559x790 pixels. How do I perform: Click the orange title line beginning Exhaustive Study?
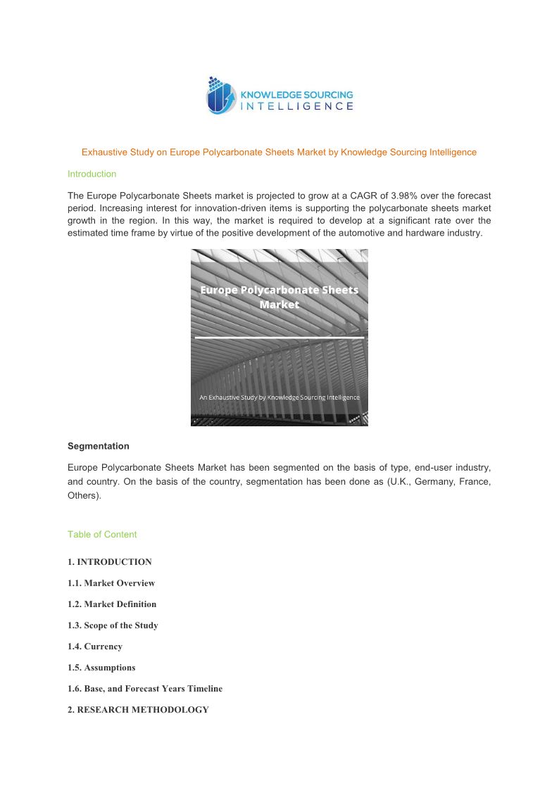click(279, 152)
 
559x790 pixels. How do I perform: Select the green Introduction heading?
click(92, 174)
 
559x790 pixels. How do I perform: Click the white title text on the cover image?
click(279, 297)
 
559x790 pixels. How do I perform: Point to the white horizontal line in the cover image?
click(279, 338)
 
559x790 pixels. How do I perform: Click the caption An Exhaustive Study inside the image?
click(279, 397)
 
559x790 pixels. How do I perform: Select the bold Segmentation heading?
click(98, 446)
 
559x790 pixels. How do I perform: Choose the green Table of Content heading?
click(102, 534)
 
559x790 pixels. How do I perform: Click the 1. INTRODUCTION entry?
click(109, 562)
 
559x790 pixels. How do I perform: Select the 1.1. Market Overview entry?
click(111, 583)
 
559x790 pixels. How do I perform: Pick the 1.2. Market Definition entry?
click(112, 604)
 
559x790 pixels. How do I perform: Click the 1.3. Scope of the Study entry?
click(113, 625)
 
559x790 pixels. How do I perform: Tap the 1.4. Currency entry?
click(94, 646)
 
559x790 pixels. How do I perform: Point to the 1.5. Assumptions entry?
click(101, 668)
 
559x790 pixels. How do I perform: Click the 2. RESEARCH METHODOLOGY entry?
click(138, 710)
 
